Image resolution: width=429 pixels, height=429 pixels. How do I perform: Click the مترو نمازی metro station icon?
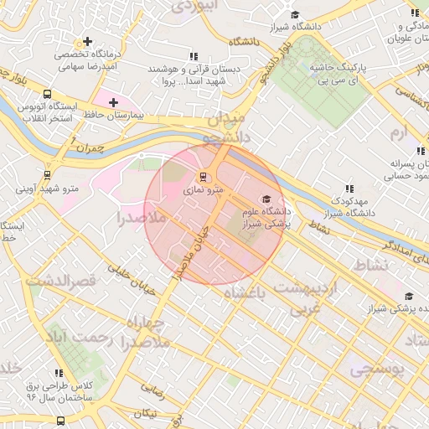(201, 177)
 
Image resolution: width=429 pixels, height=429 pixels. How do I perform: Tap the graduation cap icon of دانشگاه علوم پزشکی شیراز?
(266, 199)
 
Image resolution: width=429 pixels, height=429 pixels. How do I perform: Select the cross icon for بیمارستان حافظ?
(114, 102)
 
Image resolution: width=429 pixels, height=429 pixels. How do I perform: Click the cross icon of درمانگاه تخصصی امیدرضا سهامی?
(86, 41)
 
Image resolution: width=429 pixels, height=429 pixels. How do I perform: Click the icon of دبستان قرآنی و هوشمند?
(194, 56)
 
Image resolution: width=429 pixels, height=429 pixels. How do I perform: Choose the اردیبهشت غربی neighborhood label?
(317, 297)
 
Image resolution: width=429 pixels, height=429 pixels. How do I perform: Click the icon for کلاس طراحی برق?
(59, 374)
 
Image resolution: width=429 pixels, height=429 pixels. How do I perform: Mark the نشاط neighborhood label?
(373, 266)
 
